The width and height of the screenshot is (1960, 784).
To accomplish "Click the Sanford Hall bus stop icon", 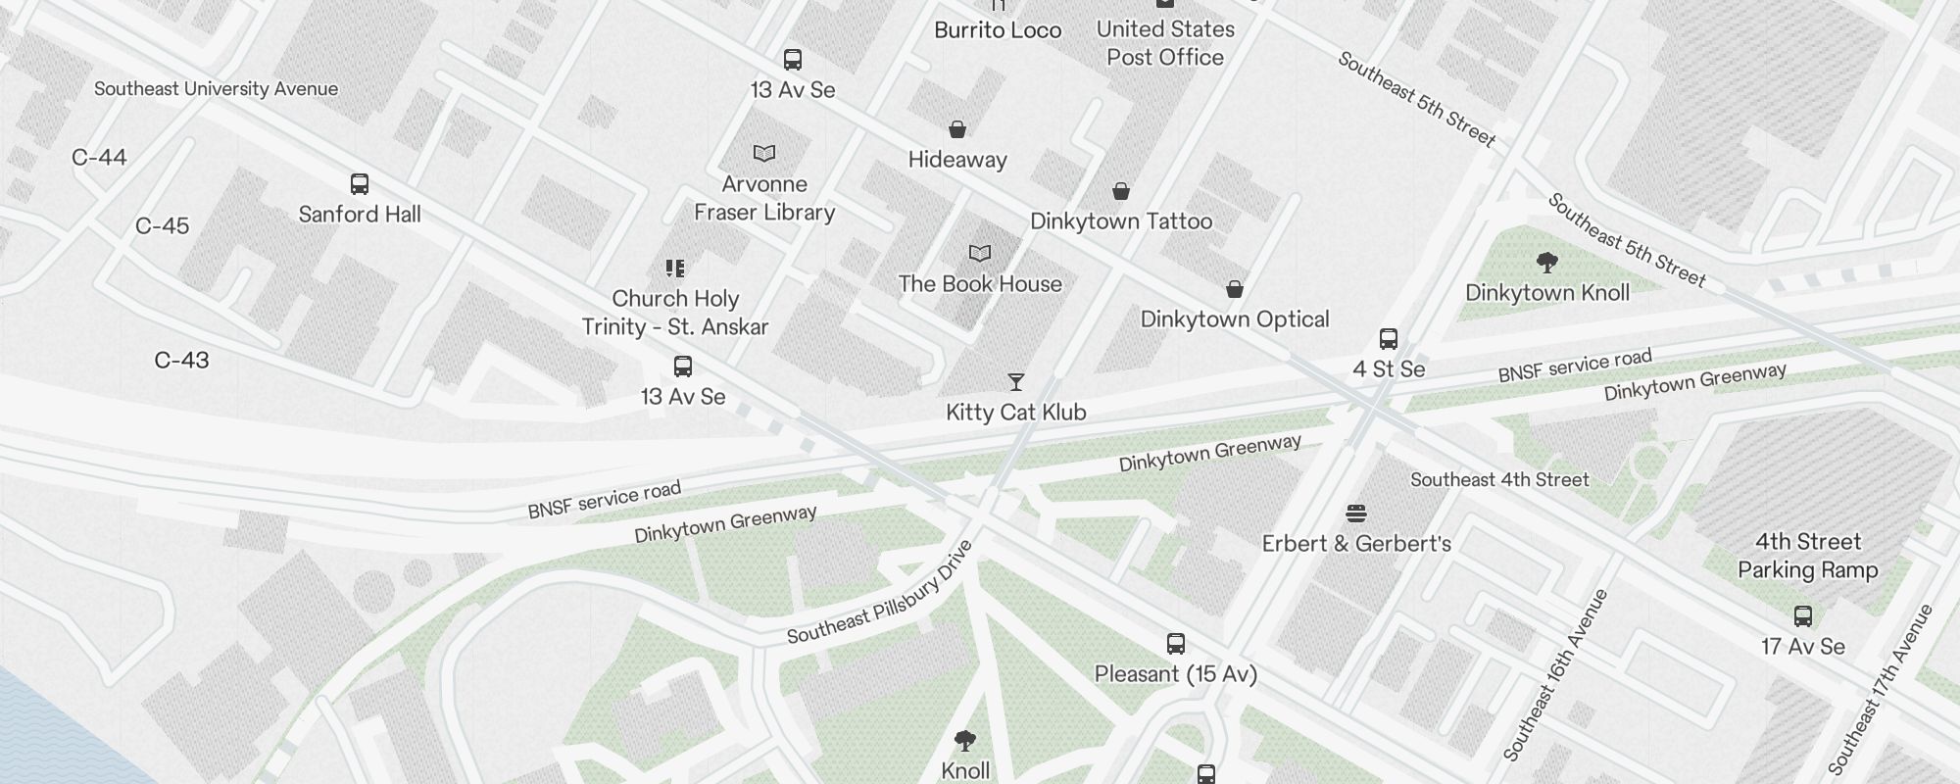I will coord(360,184).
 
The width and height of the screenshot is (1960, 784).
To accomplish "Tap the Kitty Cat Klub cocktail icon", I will coord(1016,382).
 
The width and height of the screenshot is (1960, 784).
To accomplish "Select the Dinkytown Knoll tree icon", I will coord(1547,263).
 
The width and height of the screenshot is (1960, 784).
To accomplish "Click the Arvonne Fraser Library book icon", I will coord(764,154).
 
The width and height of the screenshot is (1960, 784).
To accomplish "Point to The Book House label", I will coord(980,284).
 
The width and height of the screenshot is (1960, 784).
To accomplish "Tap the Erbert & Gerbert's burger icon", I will coord(1356,514).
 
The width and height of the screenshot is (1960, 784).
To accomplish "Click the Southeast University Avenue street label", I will coord(216,89).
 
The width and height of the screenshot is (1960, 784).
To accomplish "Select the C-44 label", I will coord(99,158).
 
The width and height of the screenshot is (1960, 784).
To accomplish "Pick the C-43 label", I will coord(181,361).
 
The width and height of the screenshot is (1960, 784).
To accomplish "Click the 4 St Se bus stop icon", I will coord(1389,339).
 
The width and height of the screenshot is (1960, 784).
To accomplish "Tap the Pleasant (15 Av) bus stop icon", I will coord(1176,644).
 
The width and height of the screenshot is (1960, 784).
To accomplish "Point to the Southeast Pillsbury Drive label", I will coord(880,594).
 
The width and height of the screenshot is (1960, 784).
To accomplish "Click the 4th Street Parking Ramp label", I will coord(1807,556).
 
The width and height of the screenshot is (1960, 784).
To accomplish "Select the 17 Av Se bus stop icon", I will coord(1803,616).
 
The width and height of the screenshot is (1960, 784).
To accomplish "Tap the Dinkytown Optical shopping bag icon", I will coord(1235,289).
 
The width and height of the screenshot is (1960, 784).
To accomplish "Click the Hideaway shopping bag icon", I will coord(957,129).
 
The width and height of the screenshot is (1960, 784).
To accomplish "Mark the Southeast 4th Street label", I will coord(1499,480).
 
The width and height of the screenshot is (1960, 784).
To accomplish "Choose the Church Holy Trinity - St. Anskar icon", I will coord(675,269).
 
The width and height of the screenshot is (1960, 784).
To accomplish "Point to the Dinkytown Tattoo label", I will coord(1121,221).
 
